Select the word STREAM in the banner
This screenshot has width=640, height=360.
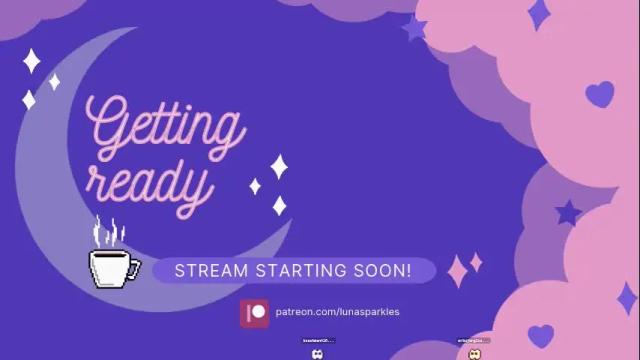205,271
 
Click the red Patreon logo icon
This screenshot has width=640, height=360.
255,312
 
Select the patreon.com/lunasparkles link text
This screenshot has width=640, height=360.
337,312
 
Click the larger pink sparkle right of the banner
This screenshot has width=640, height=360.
459,270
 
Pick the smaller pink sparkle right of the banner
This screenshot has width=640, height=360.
476,261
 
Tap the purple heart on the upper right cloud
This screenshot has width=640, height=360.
599,94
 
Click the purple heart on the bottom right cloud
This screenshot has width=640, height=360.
541,334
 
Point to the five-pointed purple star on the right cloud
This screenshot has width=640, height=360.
568,212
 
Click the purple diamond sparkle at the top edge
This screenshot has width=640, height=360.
539,14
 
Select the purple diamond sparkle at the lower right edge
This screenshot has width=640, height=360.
626,297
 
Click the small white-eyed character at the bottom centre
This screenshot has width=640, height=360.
318,353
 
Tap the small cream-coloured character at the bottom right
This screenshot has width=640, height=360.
475,353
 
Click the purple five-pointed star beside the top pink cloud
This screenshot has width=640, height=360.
414,28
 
